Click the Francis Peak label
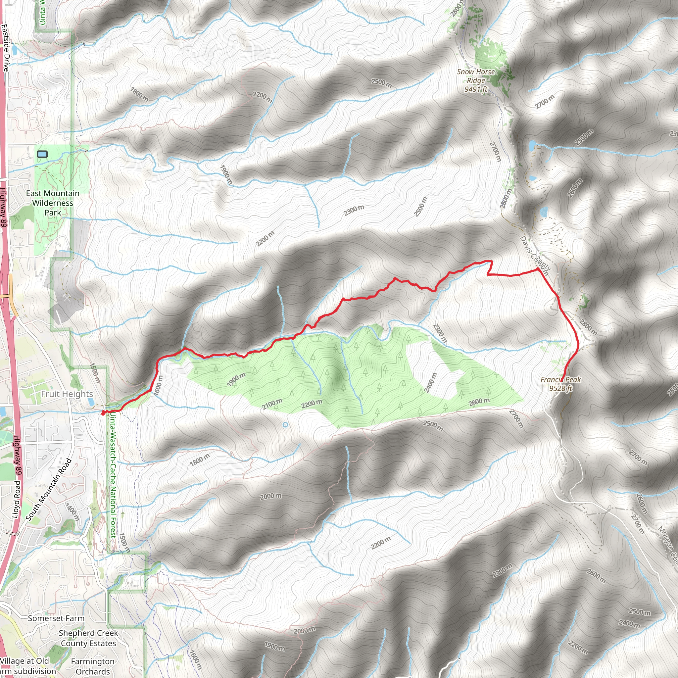[560, 384]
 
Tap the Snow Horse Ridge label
[476, 80]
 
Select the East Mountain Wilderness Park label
[53, 203]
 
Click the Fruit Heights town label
[67, 394]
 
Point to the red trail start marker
[103, 413]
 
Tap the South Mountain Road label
[49, 490]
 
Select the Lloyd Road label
[17, 500]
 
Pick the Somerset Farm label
[56, 618]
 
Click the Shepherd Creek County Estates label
[88, 638]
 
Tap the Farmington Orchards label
[93, 666]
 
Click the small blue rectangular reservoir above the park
[42, 154]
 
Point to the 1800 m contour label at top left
[139, 94]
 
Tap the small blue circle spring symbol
[285, 425]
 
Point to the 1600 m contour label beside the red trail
[159, 385]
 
